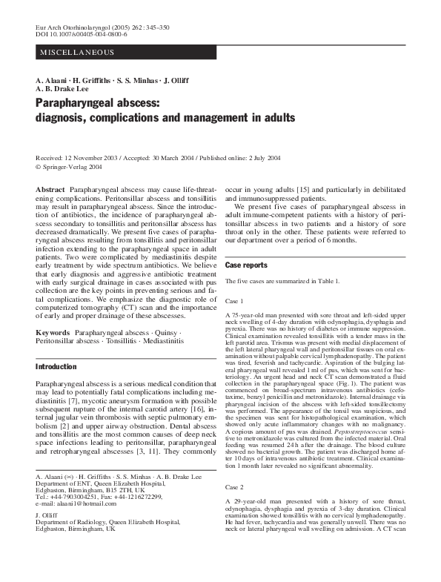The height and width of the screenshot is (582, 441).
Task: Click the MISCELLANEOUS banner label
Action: [77, 53]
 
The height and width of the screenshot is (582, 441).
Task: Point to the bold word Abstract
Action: [50, 191]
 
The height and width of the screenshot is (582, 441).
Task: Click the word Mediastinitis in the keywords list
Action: [157, 343]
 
